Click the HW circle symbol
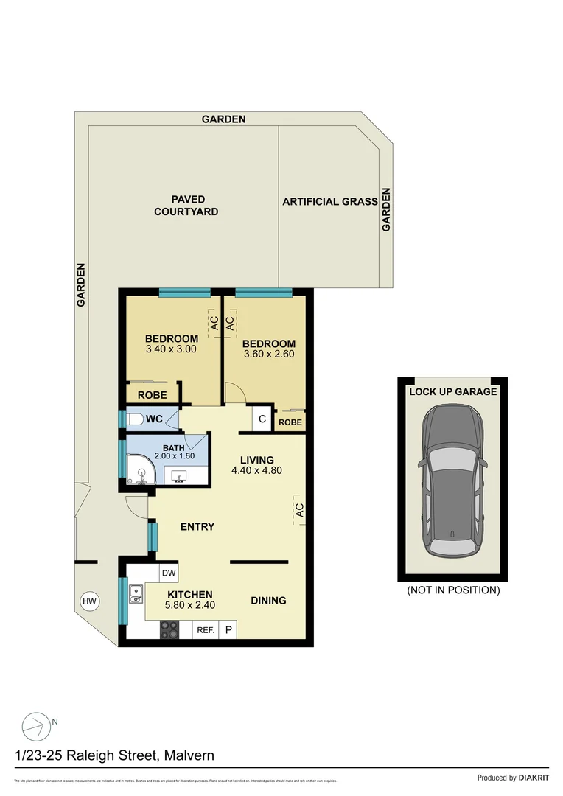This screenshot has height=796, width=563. (x=89, y=602)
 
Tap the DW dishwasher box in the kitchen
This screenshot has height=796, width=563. (x=169, y=573)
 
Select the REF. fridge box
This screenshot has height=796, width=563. (x=205, y=630)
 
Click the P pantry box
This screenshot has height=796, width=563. (x=228, y=630)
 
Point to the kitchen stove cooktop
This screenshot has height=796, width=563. (x=169, y=630)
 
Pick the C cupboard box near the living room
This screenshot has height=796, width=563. (x=262, y=419)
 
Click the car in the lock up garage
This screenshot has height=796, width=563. (x=452, y=483)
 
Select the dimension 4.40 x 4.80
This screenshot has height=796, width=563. (x=256, y=470)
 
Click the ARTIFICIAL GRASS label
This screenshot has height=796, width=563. (x=330, y=201)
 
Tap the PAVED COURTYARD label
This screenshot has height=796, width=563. (x=186, y=206)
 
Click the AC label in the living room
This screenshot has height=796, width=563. (x=299, y=509)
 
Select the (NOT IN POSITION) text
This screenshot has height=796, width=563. (x=453, y=590)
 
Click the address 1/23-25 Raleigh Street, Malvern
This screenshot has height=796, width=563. (x=115, y=755)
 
